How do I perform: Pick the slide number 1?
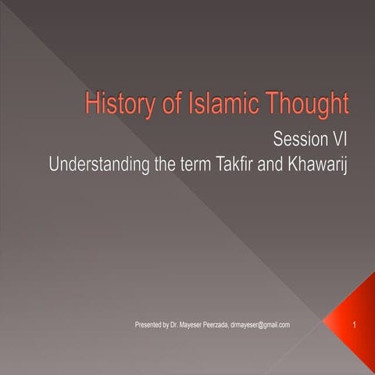(355, 324)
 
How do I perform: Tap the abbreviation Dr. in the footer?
(179, 324)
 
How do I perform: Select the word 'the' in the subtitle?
(162, 166)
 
